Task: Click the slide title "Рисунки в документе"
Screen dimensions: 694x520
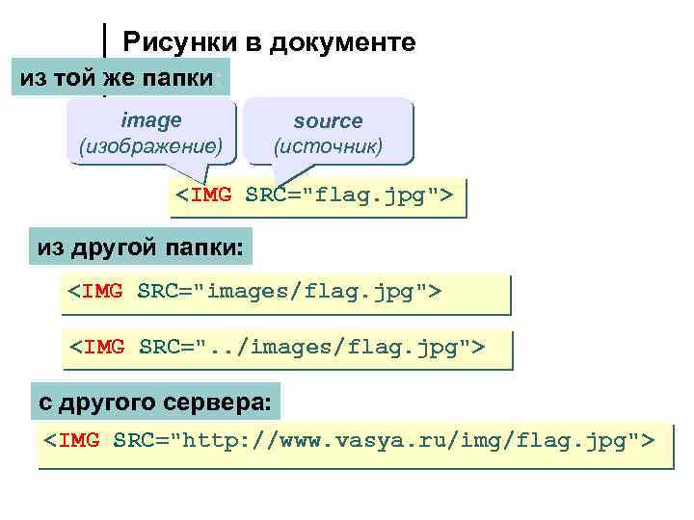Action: click(x=269, y=42)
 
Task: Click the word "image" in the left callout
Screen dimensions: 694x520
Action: click(x=150, y=120)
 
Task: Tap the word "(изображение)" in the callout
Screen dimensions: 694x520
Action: click(x=150, y=147)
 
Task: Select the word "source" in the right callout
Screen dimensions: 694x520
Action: click(x=328, y=121)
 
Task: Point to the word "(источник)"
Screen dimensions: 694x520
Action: click(x=328, y=147)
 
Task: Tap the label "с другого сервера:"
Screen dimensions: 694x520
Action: click(x=155, y=399)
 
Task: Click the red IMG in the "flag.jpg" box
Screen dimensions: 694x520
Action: click(x=211, y=195)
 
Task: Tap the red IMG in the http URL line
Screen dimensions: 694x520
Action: click(x=79, y=442)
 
